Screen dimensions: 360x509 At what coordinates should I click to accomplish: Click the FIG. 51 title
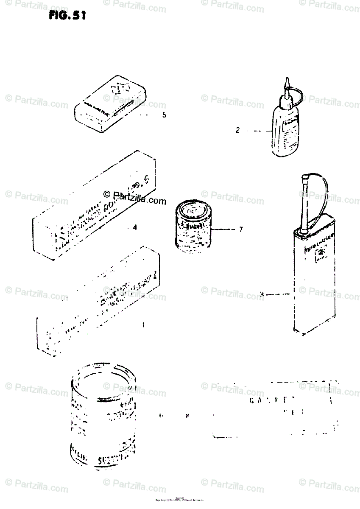(x=67, y=16)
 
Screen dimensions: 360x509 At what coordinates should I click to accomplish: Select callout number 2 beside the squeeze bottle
(x=238, y=131)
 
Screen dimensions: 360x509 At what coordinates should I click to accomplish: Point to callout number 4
(x=134, y=227)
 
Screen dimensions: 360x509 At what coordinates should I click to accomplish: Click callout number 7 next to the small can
(x=241, y=229)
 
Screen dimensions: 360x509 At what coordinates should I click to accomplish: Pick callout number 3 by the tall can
(x=262, y=294)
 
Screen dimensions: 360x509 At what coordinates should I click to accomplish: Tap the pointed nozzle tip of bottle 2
(x=287, y=81)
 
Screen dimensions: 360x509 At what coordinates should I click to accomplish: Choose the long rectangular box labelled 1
(x=98, y=301)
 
